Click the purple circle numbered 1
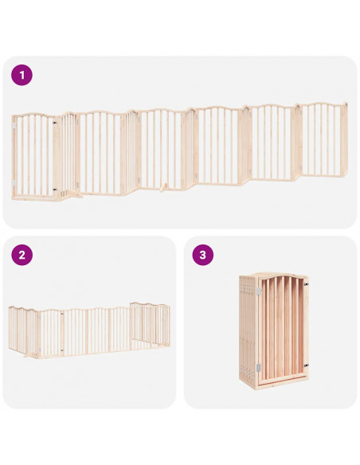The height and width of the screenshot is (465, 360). (22, 75)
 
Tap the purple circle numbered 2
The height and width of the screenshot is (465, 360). (22, 255)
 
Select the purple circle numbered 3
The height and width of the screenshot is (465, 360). (203, 255)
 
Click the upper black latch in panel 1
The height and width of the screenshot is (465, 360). (55, 123)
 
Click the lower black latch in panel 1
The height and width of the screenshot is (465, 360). (55, 189)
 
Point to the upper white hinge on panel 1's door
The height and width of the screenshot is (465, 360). (14, 126)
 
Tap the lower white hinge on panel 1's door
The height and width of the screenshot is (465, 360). (14, 184)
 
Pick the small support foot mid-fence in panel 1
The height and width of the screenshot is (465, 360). (164, 187)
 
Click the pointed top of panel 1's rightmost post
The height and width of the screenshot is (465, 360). (346, 104)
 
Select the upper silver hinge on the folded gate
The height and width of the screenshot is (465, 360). (259, 291)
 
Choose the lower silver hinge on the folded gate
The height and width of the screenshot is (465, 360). (259, 368)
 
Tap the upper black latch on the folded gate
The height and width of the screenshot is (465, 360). (306, 284)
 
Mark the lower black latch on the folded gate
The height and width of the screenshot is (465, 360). (306, 365)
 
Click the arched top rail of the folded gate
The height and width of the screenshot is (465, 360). (282, 277)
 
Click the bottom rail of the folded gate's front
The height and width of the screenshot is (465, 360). (282, 379)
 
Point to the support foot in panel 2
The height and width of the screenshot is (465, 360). (29, 354)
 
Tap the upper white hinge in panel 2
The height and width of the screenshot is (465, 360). (62, 313)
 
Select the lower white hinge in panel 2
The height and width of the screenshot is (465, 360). (62, 350)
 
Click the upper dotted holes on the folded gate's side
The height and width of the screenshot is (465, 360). (248, 288)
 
